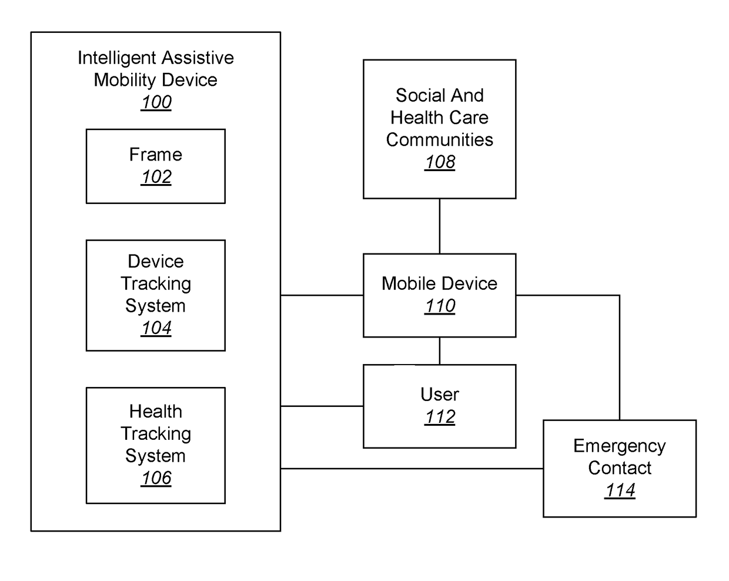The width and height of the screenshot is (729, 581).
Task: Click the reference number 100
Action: click(x=156, y=102)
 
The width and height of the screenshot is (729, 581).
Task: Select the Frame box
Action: click(x=155, y=166)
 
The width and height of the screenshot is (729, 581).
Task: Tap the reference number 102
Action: click(x=156, y=177)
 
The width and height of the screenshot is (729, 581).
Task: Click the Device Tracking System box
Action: click(x=155, y=295)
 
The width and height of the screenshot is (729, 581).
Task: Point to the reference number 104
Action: click(x=156, y=328)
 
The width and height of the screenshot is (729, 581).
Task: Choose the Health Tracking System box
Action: click(x=155, y=445)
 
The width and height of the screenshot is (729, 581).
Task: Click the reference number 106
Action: click(x=156, y=478)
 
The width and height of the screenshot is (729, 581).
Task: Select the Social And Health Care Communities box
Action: click(x=439, y=129)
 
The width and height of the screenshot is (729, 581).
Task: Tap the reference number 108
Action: click(x=440, y=162)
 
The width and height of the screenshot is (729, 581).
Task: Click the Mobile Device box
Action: click(x=439, y=295)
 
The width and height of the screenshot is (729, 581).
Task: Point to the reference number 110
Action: click(x=440, y=306)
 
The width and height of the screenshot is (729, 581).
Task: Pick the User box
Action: click(x=439, y=406)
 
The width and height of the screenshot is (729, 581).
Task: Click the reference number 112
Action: click(x=440, y=417)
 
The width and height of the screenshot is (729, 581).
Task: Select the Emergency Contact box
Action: click(x=619, y=468)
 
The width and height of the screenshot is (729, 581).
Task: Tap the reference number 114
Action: click(x=620, y=490)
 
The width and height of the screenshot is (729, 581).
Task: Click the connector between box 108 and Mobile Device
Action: click(x=440, y=226)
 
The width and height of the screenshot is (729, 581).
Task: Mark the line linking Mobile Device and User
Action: click(x=440, y=350)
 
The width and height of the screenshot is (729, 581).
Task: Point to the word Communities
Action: click(x=439, y=140)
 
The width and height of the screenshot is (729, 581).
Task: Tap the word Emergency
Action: click(x=619, y=446)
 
